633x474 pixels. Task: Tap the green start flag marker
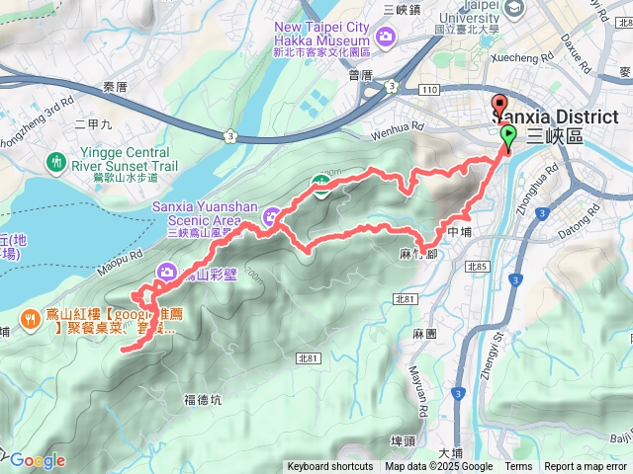click(x=508, y=136)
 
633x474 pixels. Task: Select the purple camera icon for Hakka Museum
click(x=385, y=39)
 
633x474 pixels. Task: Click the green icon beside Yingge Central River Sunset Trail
click(x=57, y=160)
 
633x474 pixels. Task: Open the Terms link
click(x=518, y=467)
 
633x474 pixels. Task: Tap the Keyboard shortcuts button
click(x=330, y=467)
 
